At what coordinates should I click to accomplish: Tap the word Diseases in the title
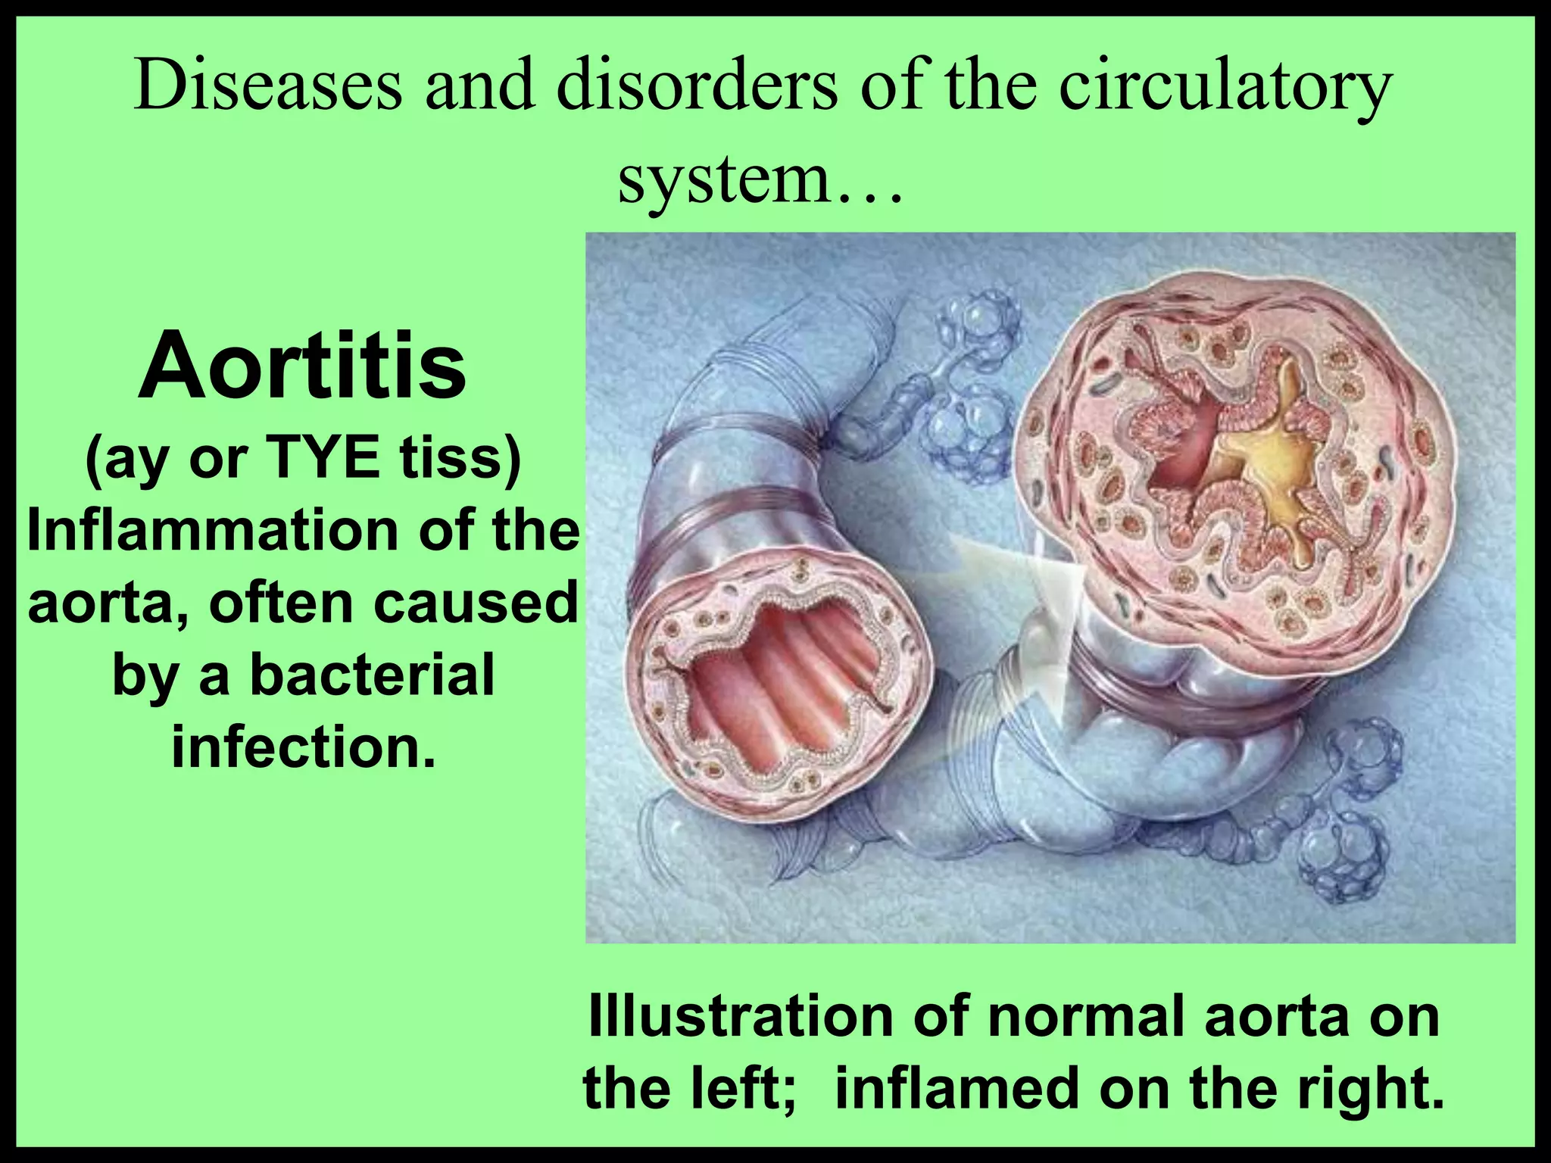[x=268, y=89]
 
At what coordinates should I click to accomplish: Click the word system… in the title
[x=760, y=182]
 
